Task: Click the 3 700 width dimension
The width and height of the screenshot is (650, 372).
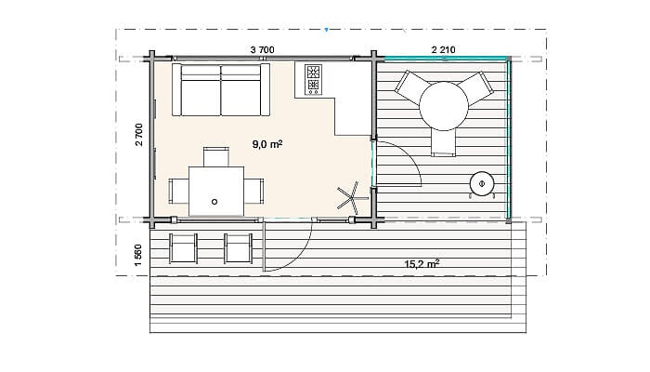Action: [263, 50]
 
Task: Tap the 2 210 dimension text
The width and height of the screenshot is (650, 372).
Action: [443, 50]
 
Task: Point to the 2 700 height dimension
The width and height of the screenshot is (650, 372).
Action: [139, 135]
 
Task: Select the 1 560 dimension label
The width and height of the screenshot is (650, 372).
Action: [138, 256]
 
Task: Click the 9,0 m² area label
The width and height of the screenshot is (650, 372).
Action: [267, 144]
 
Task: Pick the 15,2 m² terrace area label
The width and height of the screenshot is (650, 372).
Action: [422, 263]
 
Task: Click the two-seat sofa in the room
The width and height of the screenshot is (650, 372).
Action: [221, 89]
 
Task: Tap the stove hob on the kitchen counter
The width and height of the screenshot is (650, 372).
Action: [314, 79]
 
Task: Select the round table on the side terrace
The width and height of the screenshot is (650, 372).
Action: [444, 106]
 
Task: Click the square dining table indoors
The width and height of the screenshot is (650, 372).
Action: [216, 191]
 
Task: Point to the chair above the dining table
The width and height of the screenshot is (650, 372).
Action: [216, 157]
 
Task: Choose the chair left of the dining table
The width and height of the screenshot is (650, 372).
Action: [178, 191]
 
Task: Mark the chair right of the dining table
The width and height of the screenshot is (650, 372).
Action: [253, 191]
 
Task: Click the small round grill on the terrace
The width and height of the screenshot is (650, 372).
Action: [482, 184]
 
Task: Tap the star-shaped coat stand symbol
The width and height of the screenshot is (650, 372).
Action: [352, 197]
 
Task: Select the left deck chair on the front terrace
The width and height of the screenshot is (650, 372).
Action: [183, 248]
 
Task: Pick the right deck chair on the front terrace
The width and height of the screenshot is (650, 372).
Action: [238, 248]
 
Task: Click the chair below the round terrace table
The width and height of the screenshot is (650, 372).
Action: [444, 142]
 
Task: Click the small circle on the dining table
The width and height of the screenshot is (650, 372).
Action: [214, 202]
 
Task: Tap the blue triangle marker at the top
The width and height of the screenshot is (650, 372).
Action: [327, 30]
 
